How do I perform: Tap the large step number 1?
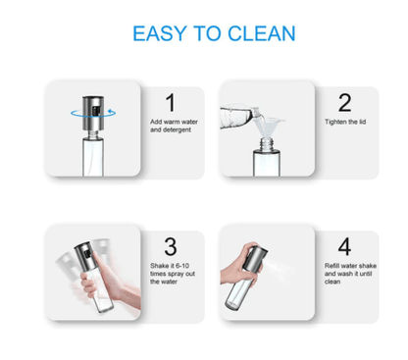(169, 101)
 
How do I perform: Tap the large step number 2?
(343, 101)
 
